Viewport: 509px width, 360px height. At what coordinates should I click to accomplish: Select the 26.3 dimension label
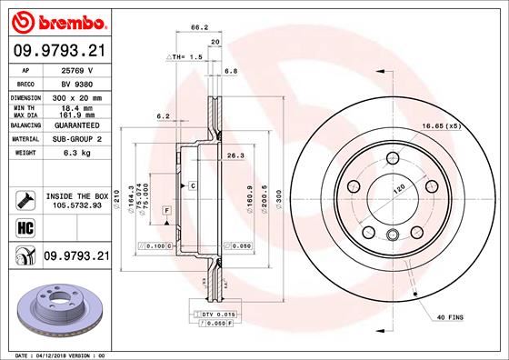click(x=235, y=155)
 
